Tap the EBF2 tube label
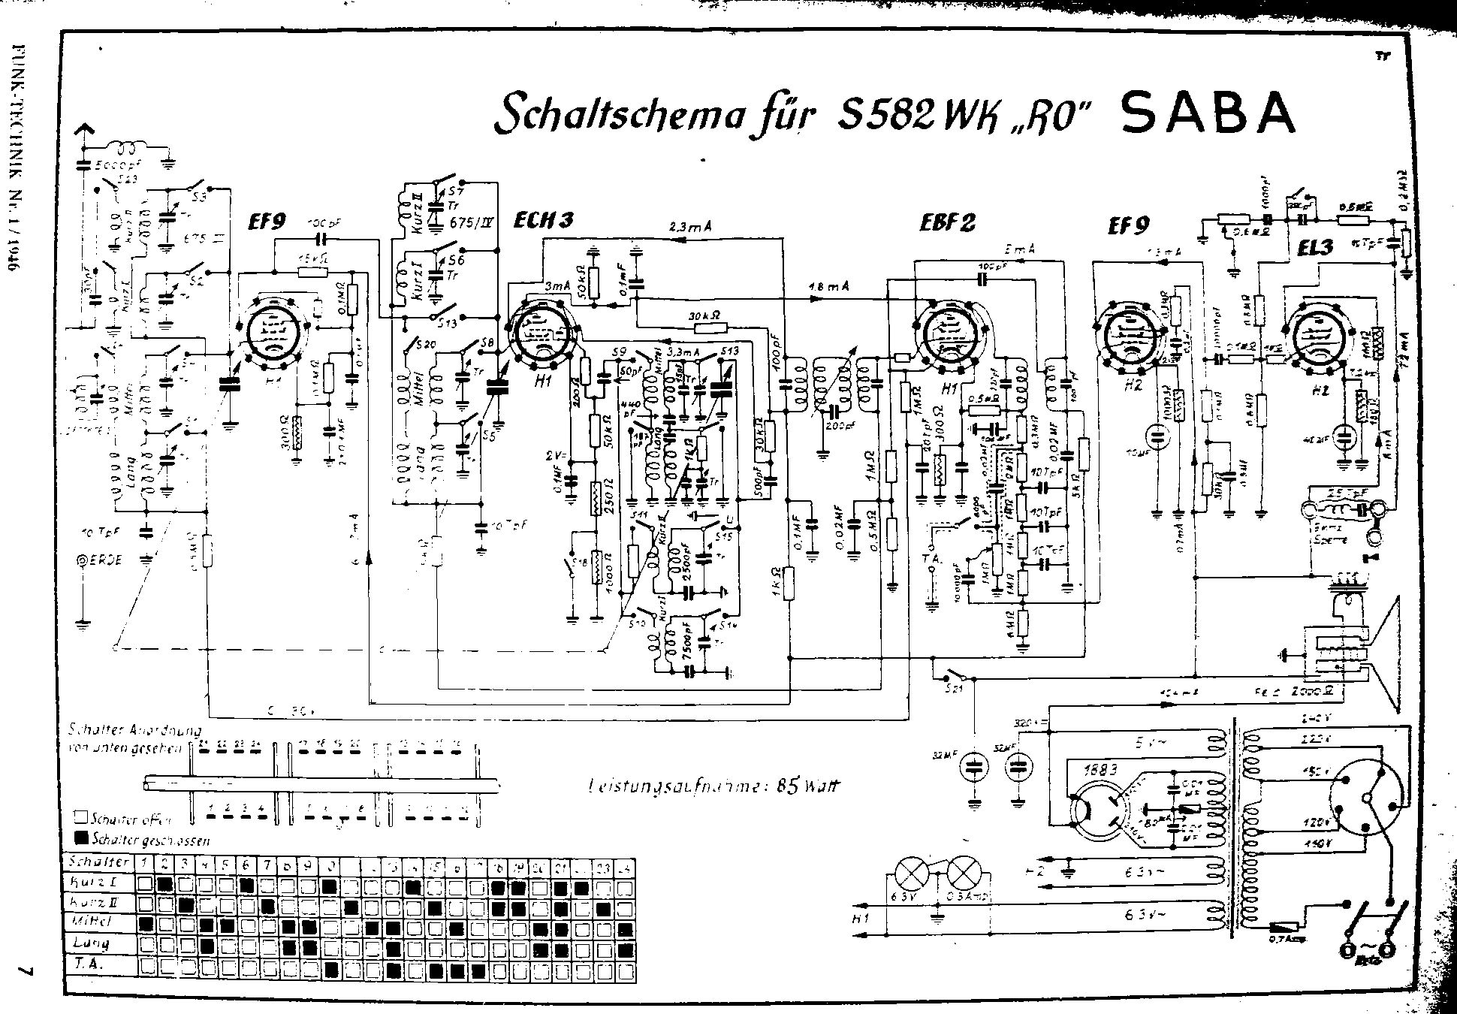tap(947, 223)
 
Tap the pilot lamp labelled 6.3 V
tap(912, 874)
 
